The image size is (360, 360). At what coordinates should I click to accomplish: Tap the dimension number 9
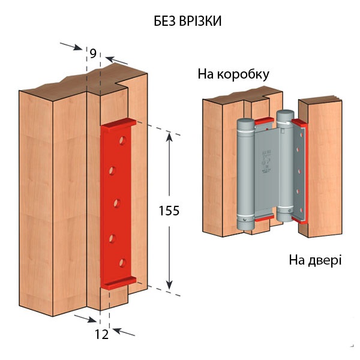93,53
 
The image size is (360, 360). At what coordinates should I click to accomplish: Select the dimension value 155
169,211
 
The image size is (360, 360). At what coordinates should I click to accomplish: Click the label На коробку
233,74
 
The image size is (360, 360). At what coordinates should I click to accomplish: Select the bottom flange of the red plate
120,283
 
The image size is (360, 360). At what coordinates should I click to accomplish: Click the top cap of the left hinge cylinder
245,121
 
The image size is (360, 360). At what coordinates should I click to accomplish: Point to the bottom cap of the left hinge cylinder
245,224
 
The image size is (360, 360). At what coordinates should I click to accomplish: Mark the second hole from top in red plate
112,170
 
